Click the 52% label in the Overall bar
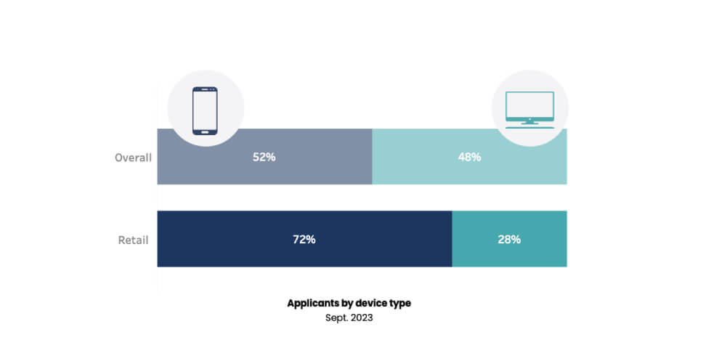coord(264,157)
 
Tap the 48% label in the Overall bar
coord(469,157)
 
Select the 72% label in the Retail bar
coord(304,239)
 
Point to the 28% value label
coord(509,239)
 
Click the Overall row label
coord(133,157)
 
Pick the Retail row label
coord(133,239)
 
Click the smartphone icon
coord(205,110)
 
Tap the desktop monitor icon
coord(529,108)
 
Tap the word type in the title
coord(400,304)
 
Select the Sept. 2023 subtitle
coord(349,318)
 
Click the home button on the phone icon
coord(205,132)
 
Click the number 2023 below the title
coord(362,318)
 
